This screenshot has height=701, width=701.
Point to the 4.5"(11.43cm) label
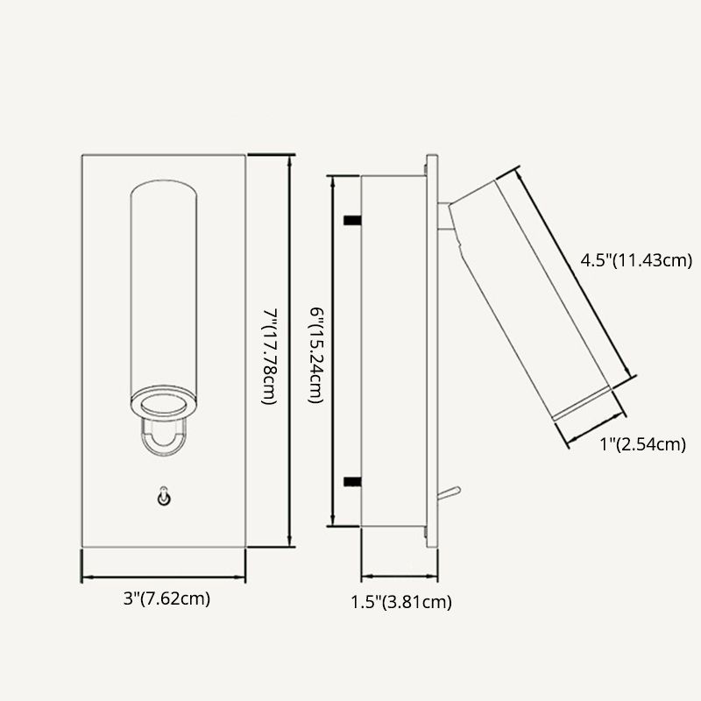click(x=637, y=260)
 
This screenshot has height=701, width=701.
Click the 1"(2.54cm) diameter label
click(x=641, y=445)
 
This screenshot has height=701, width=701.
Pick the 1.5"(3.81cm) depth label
click(x=400, y=601)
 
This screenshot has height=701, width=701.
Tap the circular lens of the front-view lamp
click(x=164, y=404)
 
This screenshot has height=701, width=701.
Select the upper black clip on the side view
click(x=352, y=218)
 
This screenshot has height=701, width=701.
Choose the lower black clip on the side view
click(x=352, y=480)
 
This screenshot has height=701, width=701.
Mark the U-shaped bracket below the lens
click(x=163, y=438)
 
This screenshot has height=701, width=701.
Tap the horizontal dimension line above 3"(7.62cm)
click(x=164, y=577)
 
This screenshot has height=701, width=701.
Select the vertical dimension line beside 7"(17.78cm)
click(x=289, y=350)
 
